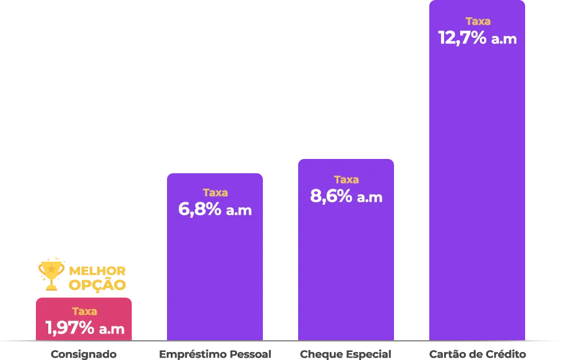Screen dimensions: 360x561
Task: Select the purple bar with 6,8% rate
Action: (x=215, y=272)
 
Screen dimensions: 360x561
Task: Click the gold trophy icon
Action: (x=52, y=275)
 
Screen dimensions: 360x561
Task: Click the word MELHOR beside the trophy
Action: (x=98, y=272)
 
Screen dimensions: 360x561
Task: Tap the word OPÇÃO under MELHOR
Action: (x=98, y=285)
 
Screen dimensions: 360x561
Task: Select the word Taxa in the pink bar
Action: (x=84, y=311)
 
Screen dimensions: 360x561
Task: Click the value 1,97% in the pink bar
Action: (x=69, y=328)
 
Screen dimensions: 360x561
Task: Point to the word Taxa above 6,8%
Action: (x=215, y=192)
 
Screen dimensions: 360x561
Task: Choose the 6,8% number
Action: (x=199, y=209)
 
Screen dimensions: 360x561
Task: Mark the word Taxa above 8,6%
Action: (x=346, y=179)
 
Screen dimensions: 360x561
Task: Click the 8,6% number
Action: (x=331, y=196)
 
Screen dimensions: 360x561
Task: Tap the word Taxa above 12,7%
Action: (x=477, y=21)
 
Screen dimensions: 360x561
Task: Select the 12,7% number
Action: (x=461, y=38)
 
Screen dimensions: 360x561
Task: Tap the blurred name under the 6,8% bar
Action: (x=215, y=354)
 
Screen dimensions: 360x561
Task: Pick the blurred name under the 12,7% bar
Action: (x=477, y=354)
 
